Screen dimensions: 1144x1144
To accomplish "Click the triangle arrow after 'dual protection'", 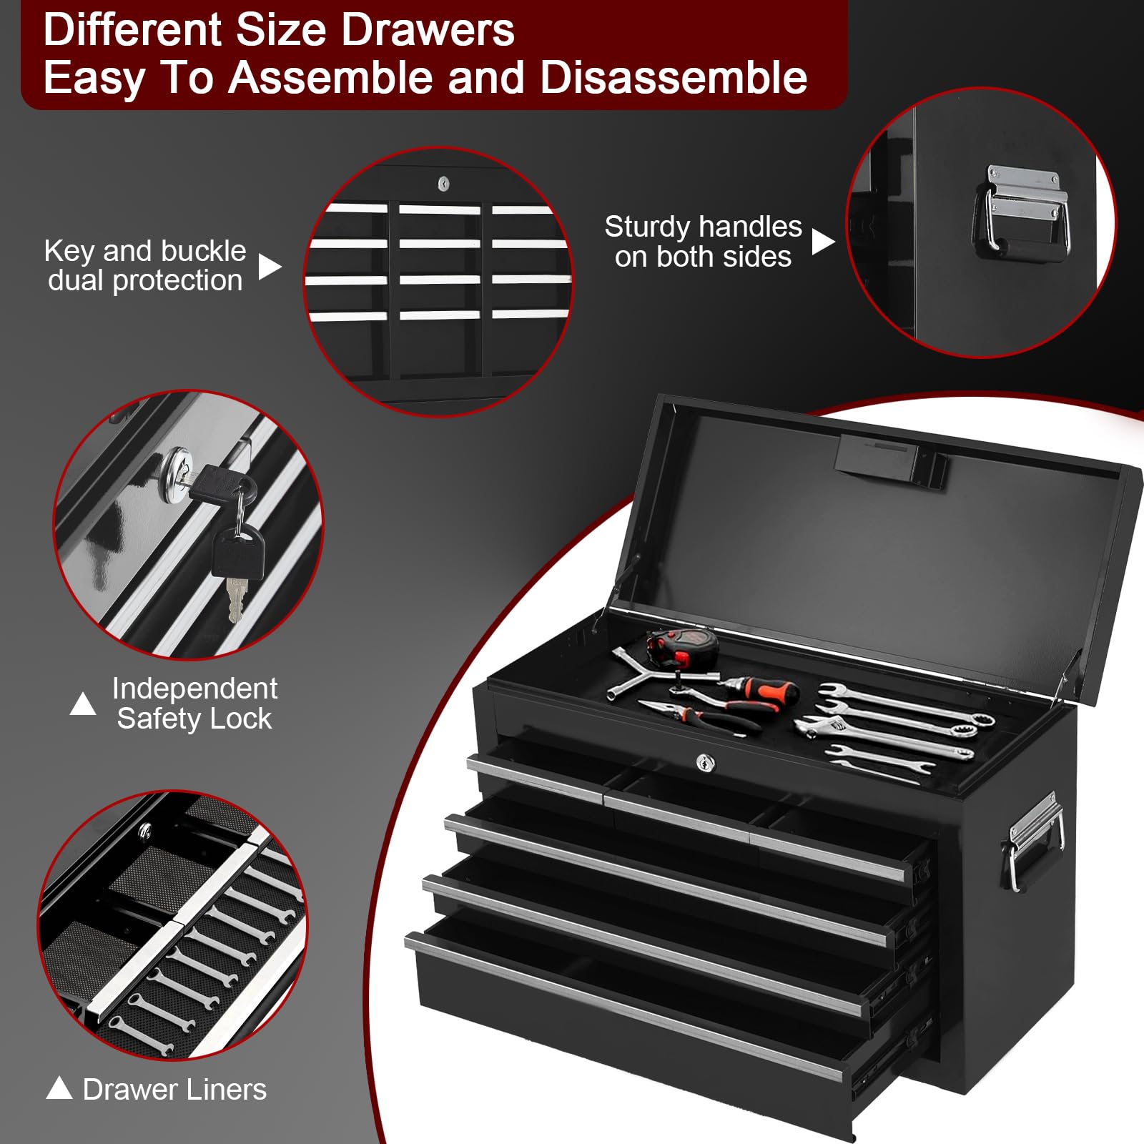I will pyautogui.click(x=269, y=267).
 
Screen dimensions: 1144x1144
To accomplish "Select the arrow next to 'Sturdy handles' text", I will pyautogui.click(x=822, y=242).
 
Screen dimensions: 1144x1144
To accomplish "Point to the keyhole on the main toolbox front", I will pyautogui.click(x=705, y=763).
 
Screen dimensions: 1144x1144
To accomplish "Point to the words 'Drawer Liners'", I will pyautogui.click(x=174, y=1090).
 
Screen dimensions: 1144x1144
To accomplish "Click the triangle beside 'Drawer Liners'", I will pyautogui.click(x=59, y=1088).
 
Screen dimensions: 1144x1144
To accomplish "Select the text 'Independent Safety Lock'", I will pyautogui.click(x=194, y=704).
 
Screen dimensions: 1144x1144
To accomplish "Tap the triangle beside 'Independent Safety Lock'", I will pyautogui.click(x=83, y=704).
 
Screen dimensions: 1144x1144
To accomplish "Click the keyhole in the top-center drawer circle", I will pyautogui.click(x=443, y=184).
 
